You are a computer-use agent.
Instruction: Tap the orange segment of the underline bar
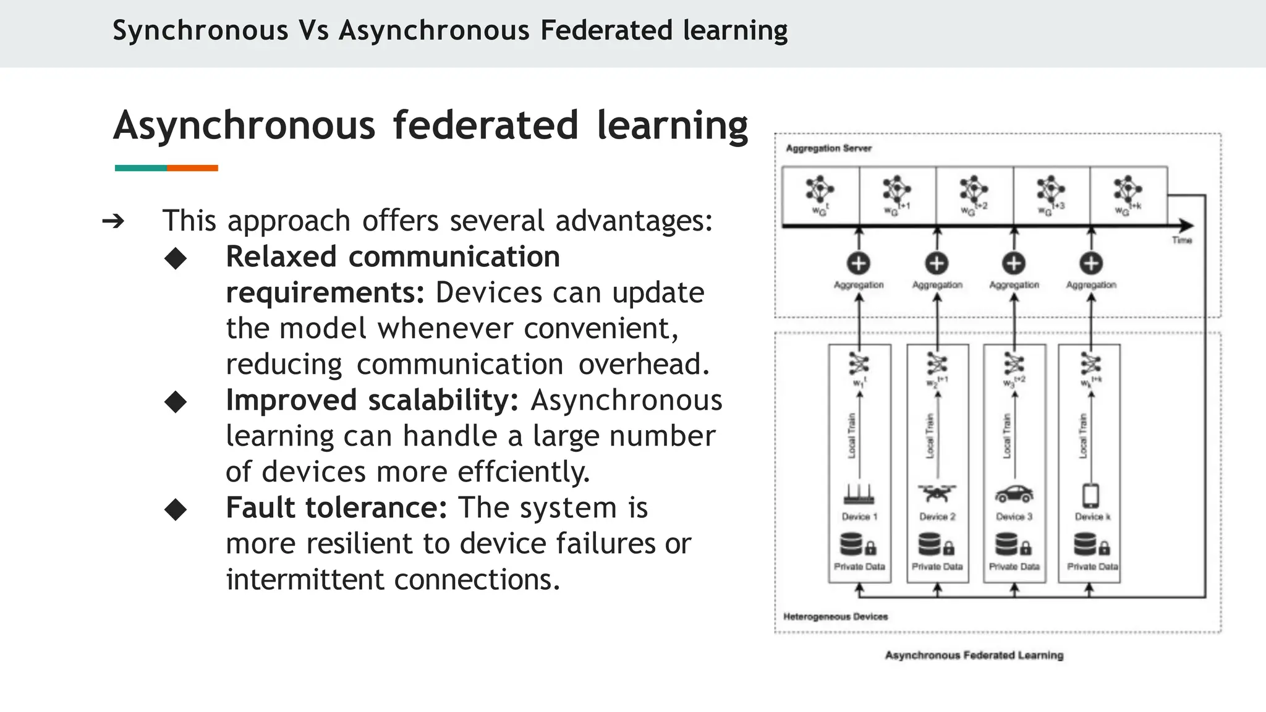192,168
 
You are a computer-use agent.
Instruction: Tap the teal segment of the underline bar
140,168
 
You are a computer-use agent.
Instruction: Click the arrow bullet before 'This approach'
113,221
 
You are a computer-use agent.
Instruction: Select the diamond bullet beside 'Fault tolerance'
176,509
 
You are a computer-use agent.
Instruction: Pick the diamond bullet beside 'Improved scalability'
176,402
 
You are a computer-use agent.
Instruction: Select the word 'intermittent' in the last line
305,580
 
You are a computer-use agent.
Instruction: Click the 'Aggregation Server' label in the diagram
828,148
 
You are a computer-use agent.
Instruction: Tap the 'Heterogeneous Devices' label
835,616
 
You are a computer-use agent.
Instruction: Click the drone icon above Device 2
937,493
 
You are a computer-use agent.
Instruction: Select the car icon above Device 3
1014,494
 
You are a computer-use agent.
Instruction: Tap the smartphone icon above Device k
1090,495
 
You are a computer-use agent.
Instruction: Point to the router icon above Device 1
859,494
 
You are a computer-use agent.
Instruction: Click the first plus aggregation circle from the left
859,263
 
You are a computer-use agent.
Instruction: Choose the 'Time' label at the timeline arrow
1181,240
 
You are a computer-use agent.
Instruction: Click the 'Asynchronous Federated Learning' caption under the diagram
974,655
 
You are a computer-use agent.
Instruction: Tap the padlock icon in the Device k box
1104,548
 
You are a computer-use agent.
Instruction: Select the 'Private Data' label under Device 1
859,566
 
